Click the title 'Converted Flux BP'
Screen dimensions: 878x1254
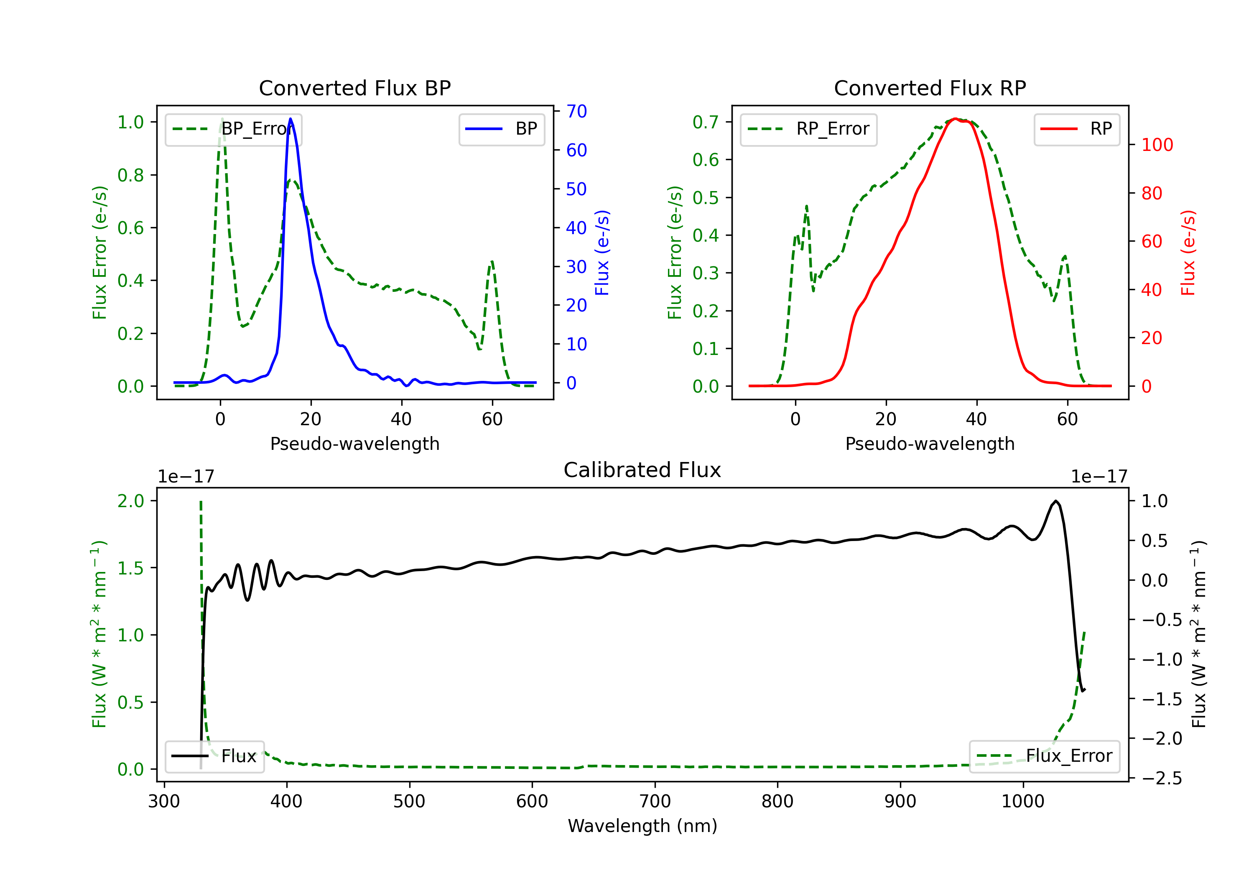354,88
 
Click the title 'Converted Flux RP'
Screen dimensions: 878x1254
930,88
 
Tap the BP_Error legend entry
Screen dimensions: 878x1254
233,129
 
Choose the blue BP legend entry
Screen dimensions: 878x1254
501,129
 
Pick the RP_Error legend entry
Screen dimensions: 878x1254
808,129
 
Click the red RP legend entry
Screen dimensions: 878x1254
1076,129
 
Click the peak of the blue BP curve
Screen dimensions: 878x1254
290,119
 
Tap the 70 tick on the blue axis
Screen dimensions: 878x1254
576,112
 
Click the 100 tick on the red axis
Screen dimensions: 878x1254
1157,145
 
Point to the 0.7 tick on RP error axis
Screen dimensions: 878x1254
705,122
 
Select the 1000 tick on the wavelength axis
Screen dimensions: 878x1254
1022,801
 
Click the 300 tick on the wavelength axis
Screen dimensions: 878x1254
164,801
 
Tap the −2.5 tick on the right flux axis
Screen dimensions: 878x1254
1161,778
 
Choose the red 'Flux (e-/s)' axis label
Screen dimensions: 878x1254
1188,253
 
